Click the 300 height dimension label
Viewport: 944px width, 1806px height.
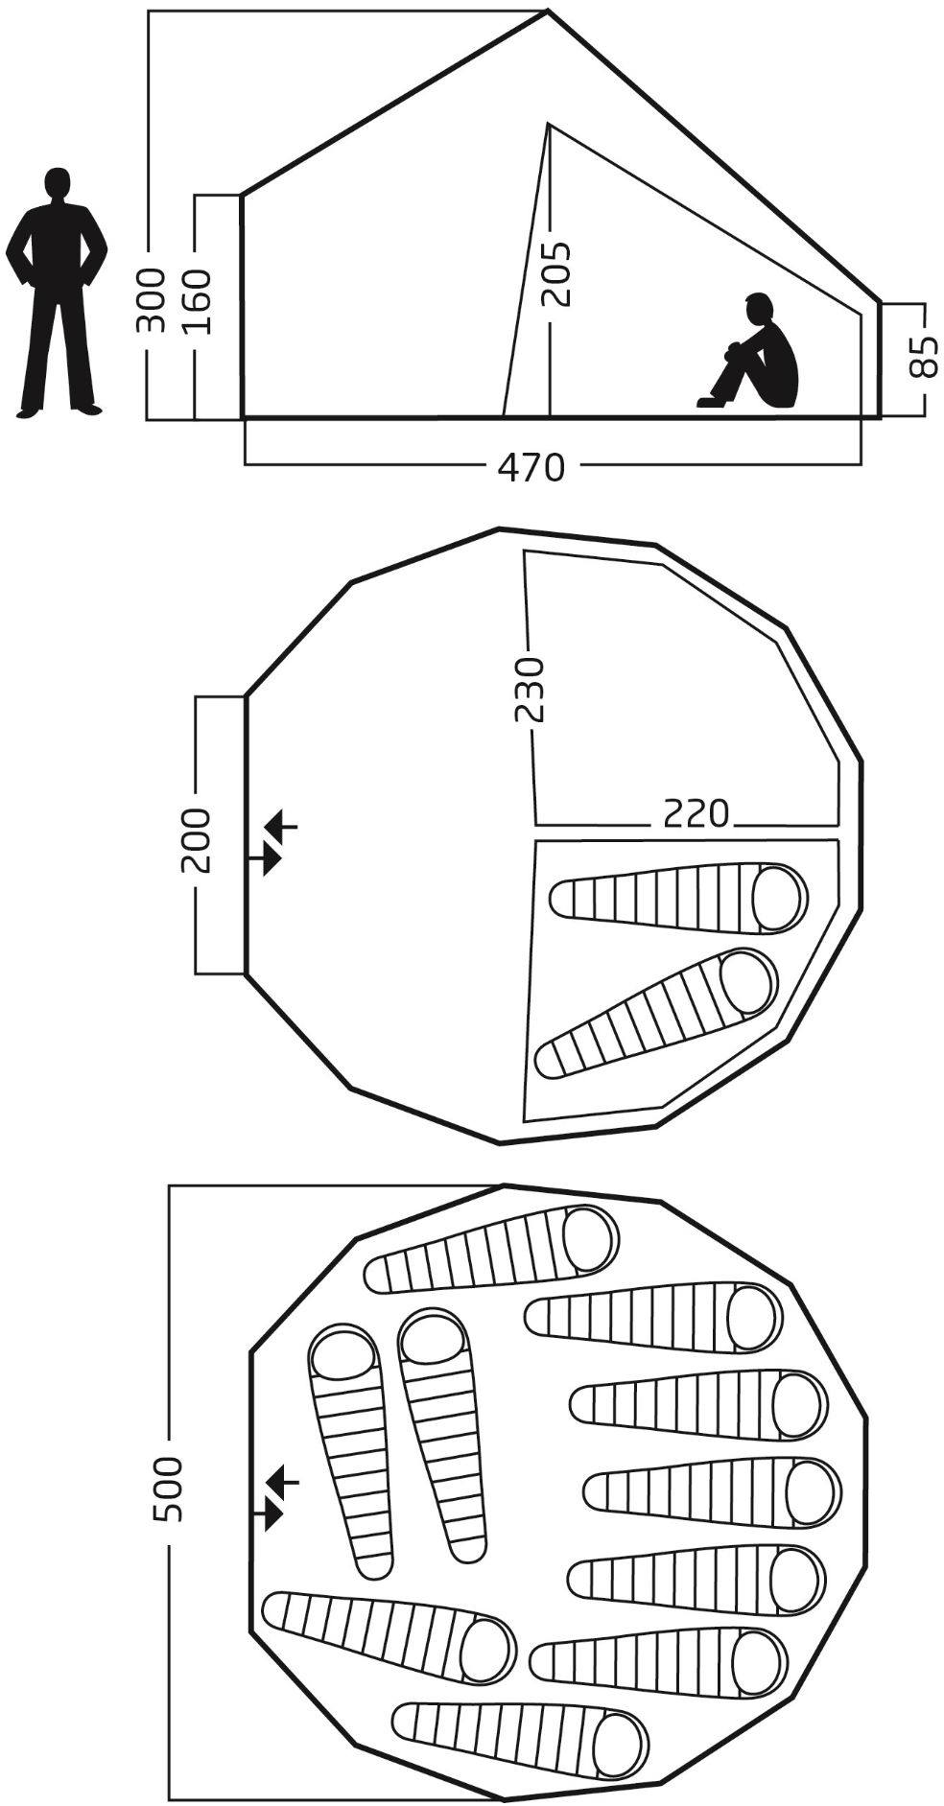coord(152,299)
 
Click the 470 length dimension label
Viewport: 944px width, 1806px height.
coord(531,467)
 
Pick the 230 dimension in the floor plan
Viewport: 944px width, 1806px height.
coord(529,688)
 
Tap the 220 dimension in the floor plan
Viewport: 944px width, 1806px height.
coord(695,813)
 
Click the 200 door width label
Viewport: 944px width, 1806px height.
coord(197,840)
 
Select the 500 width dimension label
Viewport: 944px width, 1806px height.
coord(169,1489)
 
